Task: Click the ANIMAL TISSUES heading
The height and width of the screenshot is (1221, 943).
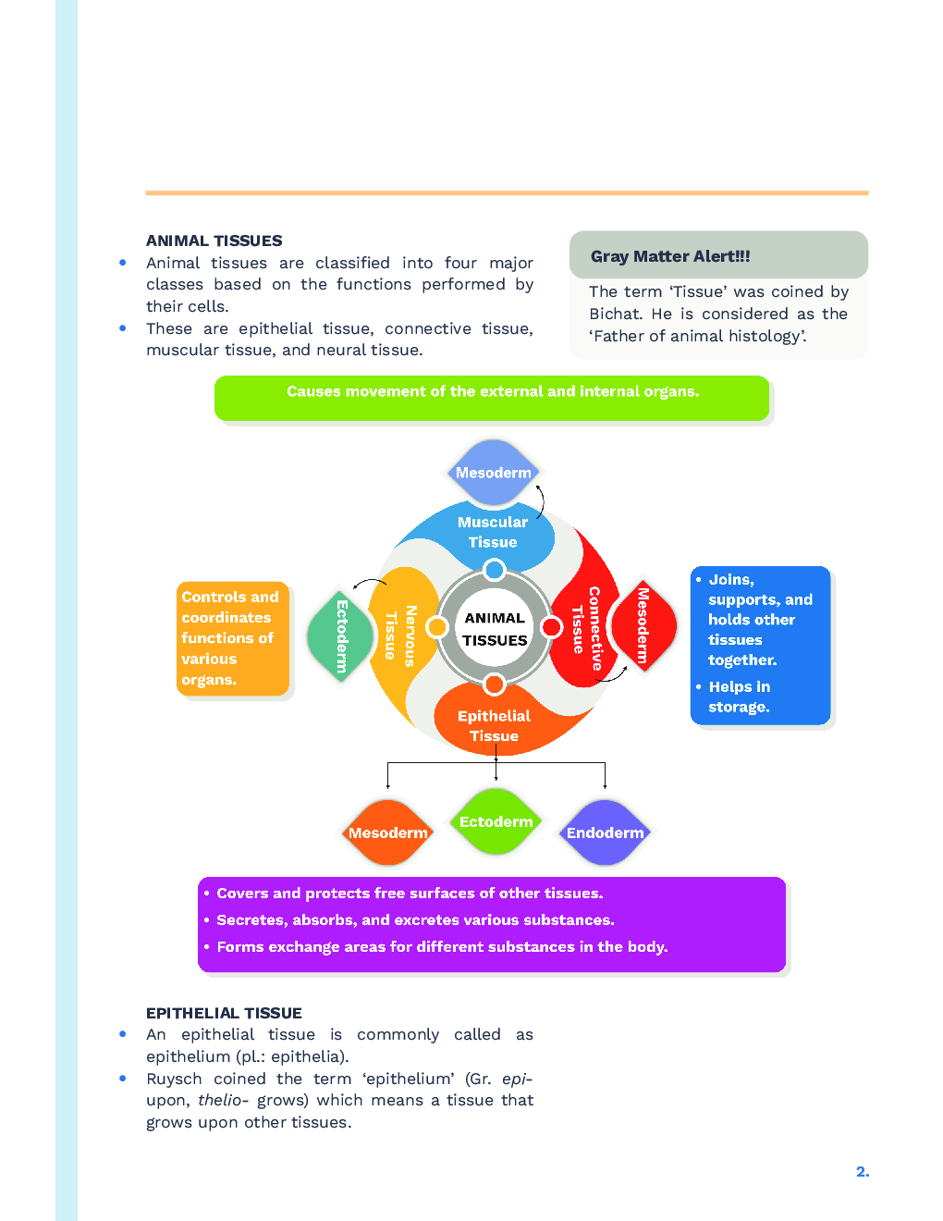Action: coord(214,240)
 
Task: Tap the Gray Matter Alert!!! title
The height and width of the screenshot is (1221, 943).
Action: coord(670,256)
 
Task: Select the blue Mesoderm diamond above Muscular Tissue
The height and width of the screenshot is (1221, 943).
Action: coord(493,473)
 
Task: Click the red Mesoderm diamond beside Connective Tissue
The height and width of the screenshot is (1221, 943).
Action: coord(643,626)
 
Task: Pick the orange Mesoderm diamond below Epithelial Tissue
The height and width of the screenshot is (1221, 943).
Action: coord(387,832)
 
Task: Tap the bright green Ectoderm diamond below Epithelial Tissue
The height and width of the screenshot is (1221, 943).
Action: coord(496,821)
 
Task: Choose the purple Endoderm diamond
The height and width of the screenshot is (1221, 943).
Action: coord(605,832)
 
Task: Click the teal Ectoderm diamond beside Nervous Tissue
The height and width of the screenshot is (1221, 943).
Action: coord(341,636)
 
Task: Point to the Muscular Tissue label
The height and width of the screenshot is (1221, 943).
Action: coord(493,532)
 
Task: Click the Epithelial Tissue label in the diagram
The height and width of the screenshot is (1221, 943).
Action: coord(494,726)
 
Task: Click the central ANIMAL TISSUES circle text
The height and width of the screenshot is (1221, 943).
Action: coord(495,629)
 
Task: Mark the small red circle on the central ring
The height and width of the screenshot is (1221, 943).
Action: coord(552,627)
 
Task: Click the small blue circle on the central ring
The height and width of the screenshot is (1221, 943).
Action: coord(495,569)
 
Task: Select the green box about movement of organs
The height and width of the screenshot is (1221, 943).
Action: coord(492,398)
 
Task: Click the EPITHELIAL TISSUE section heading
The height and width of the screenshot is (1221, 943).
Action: coord(224,1013)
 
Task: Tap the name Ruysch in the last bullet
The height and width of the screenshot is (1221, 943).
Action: coord(174,1079)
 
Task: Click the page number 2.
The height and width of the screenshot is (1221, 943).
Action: coord(862,1172)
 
